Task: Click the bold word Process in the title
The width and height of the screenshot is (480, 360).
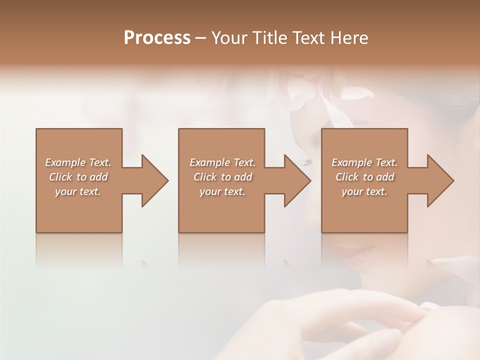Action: [157, 38]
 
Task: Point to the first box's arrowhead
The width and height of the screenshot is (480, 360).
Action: [153, 180]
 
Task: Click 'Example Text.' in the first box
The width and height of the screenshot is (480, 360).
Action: [78, 162]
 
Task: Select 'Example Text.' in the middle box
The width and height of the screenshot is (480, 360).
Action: [222, 162]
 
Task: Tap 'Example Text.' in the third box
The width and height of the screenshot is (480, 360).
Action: [364, 162]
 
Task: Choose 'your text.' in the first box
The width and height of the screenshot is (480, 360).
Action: [78, 191]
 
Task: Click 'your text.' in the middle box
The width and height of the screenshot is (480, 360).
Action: [222, 191]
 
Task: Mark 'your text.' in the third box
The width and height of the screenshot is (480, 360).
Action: [364, 191]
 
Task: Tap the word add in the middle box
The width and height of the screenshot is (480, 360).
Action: [243, 177]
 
